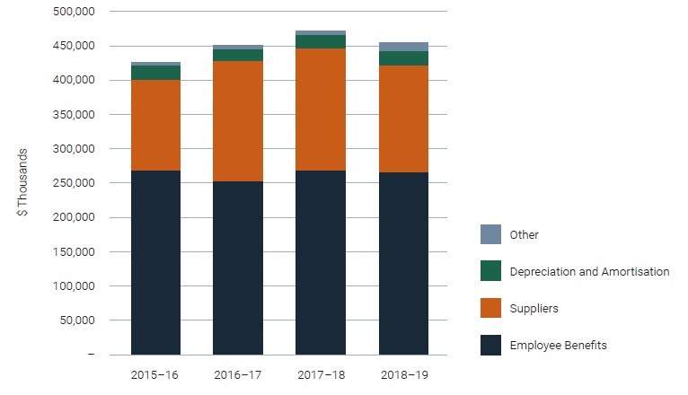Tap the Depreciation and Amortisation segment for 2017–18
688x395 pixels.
click(321, 41)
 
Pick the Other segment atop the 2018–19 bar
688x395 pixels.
click(403, 47)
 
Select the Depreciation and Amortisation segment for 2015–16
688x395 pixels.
click(155, 73)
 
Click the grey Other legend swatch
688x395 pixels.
click(490, 234)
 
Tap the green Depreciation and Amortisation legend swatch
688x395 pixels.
click(490, 271)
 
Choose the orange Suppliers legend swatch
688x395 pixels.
click(490, 308)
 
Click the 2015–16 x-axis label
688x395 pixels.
click(155, 373)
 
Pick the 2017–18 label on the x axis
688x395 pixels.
click(321, 373)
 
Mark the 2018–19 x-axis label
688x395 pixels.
click(403, 373)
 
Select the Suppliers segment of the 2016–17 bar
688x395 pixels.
click(238, 121)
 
